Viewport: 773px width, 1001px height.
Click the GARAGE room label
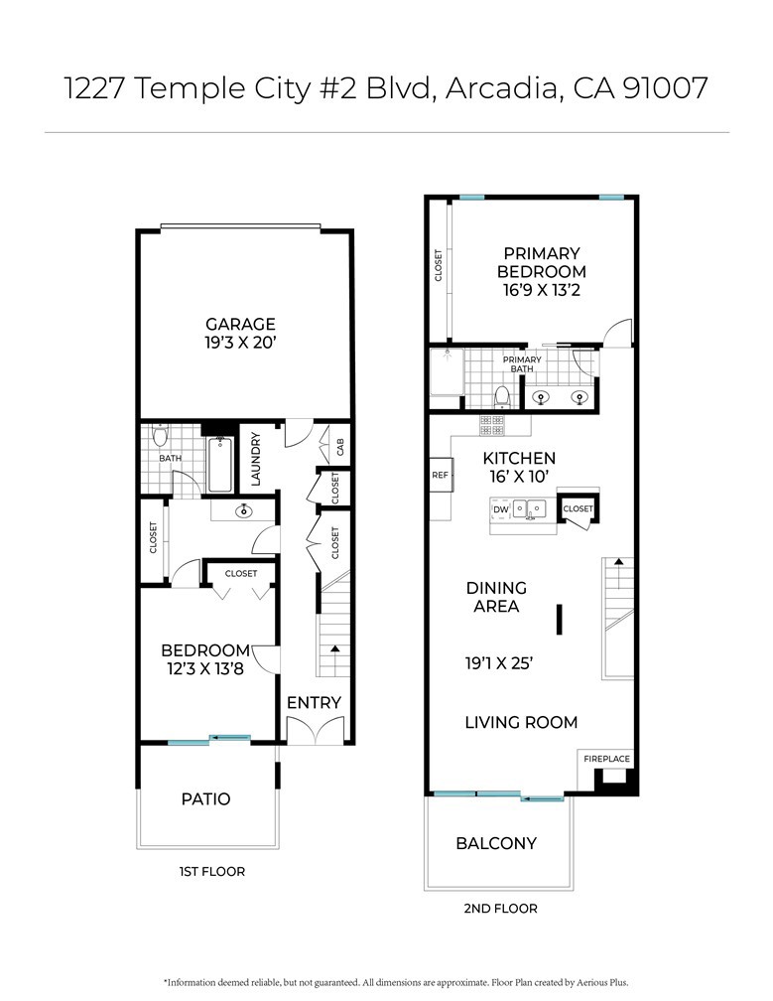[240, 324]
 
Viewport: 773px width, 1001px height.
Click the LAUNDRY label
[255, 458]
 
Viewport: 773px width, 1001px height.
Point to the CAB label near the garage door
[339, 448]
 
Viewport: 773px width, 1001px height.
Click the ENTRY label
[314, 702]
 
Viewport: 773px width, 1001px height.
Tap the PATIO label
[206, 798]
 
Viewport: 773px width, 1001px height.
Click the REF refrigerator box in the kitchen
[441, 476]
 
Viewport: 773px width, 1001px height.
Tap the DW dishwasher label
[499, 509]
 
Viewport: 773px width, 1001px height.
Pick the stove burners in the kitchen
[491, 425]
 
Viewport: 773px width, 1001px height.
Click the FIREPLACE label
[606, 759]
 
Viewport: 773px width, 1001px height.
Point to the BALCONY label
[496, 843]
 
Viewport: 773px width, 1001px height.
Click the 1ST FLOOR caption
[211, 872]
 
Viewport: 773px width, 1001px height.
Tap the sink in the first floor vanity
[243, 511]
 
